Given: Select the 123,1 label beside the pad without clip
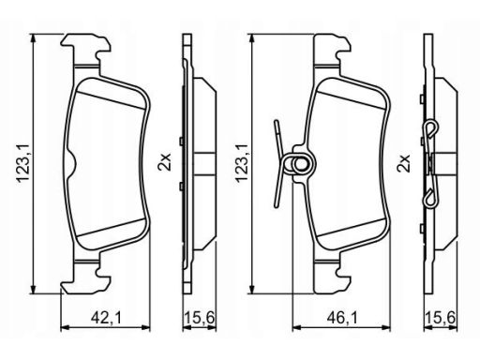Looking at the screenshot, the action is (x=23, y=163).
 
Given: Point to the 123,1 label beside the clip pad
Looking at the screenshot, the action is (x=242, y=163).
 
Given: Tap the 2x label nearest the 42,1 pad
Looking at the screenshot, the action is (x=165, y=161).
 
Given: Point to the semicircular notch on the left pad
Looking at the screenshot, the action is (x=72, y=163).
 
